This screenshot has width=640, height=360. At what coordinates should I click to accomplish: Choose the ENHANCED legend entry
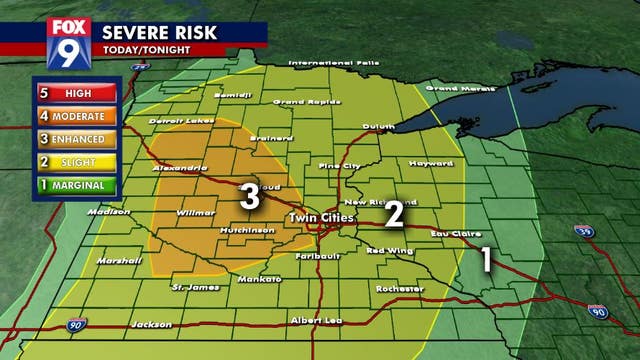76,138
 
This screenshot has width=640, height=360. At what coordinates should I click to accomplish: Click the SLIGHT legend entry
76,161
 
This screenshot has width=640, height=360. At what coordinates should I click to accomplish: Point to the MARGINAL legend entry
76,185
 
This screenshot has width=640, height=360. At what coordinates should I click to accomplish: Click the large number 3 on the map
250,196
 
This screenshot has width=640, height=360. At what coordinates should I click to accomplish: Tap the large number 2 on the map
395,213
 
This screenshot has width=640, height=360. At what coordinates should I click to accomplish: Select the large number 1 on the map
487,259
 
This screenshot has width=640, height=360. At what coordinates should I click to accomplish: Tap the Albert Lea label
315,320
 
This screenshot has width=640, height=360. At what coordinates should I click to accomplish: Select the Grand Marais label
456,88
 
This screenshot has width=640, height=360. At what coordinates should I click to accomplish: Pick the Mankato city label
258,280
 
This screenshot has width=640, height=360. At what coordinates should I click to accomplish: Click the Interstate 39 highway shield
587,231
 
